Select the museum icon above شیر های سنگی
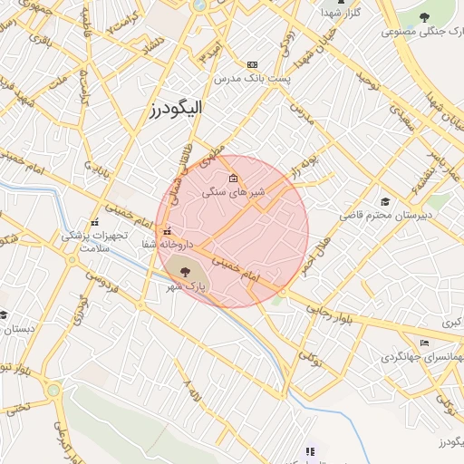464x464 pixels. click(x=234, y=178)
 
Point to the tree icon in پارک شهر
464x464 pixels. click(x=185, y=269)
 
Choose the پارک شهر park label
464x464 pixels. click(x=185, y=286)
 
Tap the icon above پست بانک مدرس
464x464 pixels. click(x=252, y=64)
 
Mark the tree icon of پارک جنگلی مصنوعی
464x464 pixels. click(x=425, y=16)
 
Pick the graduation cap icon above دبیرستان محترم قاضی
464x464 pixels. click(x=386, y=201)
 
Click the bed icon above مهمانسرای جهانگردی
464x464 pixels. click(x=423, y=343)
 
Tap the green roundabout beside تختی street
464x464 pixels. click(x=54, y=391)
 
